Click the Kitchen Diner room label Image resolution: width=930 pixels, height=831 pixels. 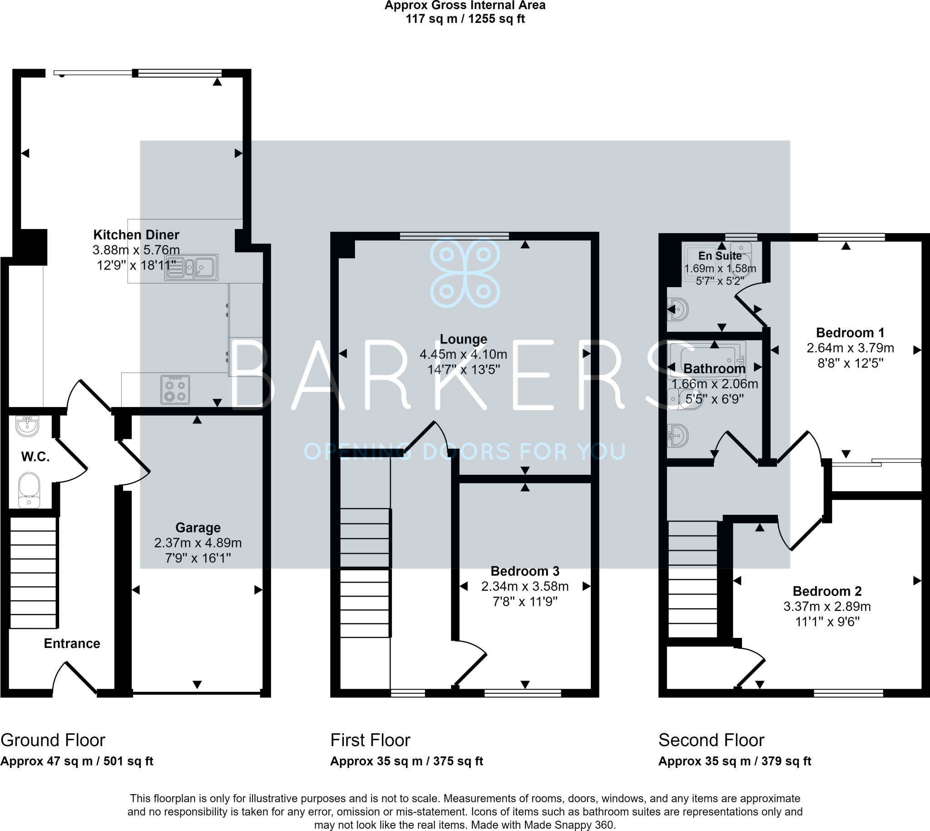pyautogui.click(x=136, y=235)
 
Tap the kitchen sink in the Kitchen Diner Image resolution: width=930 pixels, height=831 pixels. pyautogui.click(x=191, y=268)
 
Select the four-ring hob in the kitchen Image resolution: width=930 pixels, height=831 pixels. pyautogui.click(x=175, y=390)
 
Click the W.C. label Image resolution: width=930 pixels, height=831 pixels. pyautogui.click(x=35, y=457)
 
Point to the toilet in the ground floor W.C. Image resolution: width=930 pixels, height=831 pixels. pyautogui.click(x=29, y=489)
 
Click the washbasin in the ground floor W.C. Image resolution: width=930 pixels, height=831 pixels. pyautogui.click(x=27, y=426)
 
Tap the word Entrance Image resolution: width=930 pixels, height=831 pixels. pyautogui.click(x=72, y=643)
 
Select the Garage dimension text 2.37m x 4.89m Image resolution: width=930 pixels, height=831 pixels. pyautogui.click(x=198, y=543)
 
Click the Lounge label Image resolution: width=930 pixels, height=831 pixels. pyautogui.click(x=463, y=339)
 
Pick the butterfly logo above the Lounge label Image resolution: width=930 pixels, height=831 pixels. pyautogui.click(x=465, y=273)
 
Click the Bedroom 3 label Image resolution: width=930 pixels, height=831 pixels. pyautogui.click(x=525, y=571)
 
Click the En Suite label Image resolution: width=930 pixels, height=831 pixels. pyautogui.click(x=720, y=256)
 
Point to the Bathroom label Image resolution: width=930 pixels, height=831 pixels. pyautogui.click(x=714, y=368)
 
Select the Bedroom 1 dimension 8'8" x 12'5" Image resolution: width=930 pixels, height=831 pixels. pyautogui.click(x=850, y=363)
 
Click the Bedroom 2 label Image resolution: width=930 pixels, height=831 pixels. pyautogui.click(x=827, y=591)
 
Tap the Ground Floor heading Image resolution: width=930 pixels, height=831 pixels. pyautogui.click(x=53, y=740)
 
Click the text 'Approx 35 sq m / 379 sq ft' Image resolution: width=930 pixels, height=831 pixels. pyautogui.click(x=735, y=761)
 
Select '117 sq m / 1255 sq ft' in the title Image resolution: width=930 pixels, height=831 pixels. pyautogui.click(x=465, y=19)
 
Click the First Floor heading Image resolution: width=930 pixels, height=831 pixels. pyautogui.click(x=370, y=740)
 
